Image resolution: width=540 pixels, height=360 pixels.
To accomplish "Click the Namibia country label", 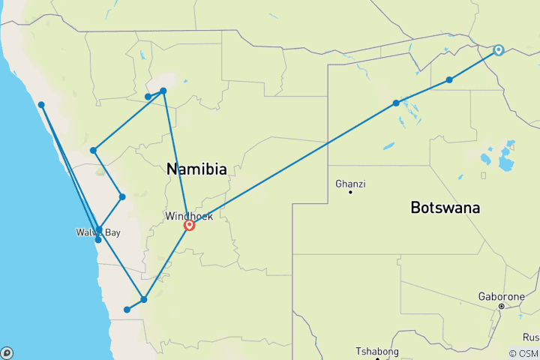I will [x=196, y=170].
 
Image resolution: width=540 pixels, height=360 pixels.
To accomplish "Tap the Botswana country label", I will [x=445, y=208].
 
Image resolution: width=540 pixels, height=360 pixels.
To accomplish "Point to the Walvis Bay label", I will [x=97, y=232].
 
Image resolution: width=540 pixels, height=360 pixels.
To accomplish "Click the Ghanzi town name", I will [x=350, y=183].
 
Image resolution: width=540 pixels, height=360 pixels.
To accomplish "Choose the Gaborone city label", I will [x=502, y=296].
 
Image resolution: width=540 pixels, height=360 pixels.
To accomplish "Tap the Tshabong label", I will [x=377, y=352].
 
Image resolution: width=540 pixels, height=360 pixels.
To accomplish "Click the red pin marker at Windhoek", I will [x=189, y=224].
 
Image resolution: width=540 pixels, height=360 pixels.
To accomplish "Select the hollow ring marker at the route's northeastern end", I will [x=498, y=51].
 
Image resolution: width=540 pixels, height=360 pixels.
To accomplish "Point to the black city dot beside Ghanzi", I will [x=350, y=193].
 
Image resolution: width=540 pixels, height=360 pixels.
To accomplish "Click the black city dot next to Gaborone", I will [x=501, y=306].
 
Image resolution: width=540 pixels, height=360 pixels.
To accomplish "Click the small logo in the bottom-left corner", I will [x=7, y=352].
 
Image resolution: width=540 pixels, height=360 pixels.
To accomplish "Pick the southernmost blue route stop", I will [x=127, y=310].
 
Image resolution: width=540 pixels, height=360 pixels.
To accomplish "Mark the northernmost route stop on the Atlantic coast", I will [x=42, y=105].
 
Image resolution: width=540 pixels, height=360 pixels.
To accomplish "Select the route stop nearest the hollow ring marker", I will [x=449, y=79].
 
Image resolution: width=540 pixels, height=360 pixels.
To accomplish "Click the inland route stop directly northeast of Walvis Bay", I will [x=122, y=196].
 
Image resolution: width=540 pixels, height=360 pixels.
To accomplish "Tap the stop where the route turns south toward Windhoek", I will [x=163, y=91].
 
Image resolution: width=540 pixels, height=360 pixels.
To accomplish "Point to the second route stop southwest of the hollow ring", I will [x=396, y=103].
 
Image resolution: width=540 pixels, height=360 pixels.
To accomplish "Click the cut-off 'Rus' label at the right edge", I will [x=531, y=337].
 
